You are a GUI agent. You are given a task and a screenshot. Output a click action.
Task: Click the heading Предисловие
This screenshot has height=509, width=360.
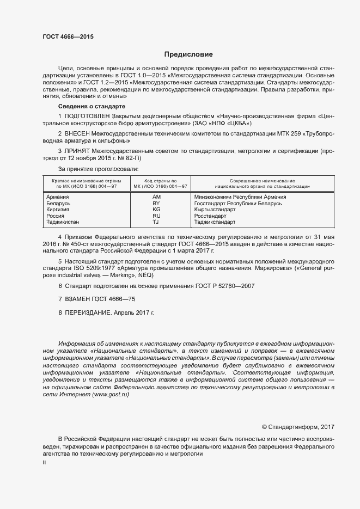coord(188,54)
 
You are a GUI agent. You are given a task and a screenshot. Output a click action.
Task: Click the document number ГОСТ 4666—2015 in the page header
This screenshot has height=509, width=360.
coord(68,36)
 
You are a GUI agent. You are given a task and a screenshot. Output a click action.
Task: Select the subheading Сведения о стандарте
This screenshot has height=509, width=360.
coord(91,106)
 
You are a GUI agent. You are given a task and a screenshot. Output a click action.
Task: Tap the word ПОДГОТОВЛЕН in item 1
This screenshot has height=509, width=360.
coord(87,116)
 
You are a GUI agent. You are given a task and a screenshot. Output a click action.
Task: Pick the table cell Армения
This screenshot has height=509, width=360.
coord(57,197)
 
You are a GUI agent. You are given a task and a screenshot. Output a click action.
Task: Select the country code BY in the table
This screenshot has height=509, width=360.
coord(156,203)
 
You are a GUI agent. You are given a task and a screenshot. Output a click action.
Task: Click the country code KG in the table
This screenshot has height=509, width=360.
coord(156,210)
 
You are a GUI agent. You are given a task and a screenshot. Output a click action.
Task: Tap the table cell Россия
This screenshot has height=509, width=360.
coord(56,216)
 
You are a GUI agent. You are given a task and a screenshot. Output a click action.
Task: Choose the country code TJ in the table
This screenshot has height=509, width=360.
coord(156,223)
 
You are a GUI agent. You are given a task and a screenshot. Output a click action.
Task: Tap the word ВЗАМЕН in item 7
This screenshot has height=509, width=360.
coord(78,299)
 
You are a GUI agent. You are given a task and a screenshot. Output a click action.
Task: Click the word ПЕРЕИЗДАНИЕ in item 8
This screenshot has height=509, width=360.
coord(88,314)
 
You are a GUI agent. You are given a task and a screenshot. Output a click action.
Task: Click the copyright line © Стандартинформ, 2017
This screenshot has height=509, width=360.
coord(298,427)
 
